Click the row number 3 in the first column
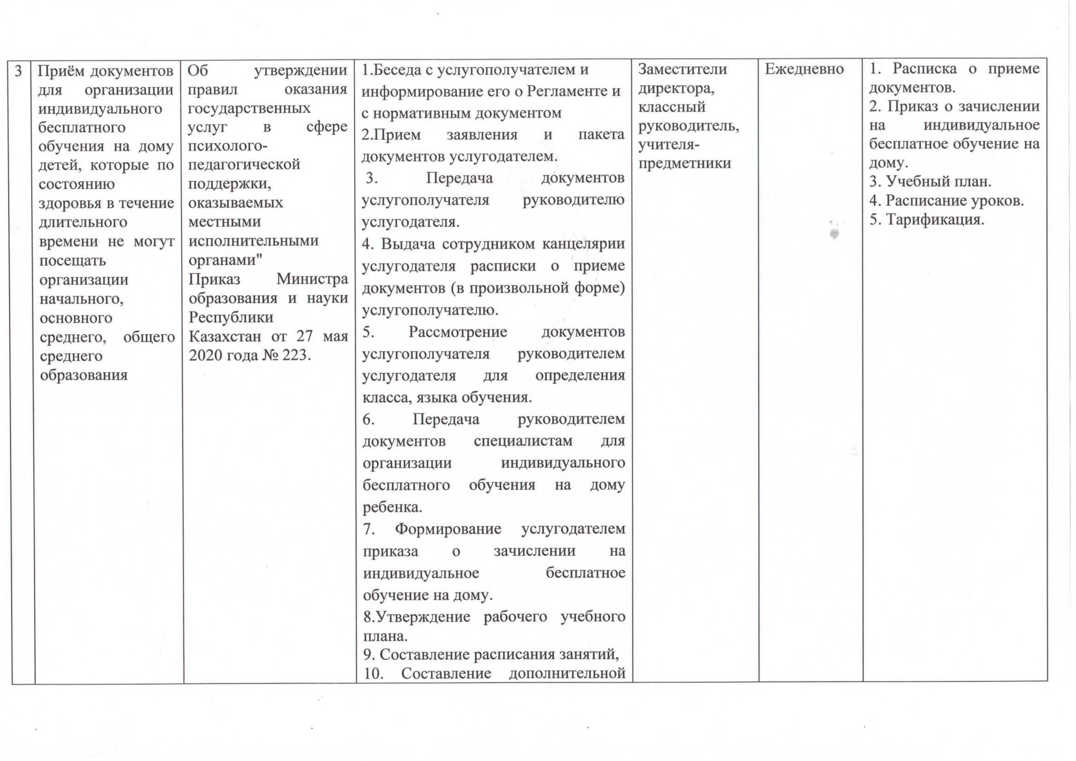[x=18, y=71]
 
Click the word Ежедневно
[x=804, y=70]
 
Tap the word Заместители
[x=682, y=70]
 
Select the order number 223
[x=295, y=355]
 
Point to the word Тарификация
[x=935, y=220]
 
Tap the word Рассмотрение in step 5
[x=458, y=332]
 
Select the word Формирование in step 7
[x=448, y=529]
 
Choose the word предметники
[x=685, y=163]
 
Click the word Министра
[x=312, y=279]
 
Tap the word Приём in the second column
[x=62, y=71]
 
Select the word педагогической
[x=244, y=164]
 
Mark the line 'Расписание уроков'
[x=946, y=201]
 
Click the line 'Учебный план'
[x=930, y=181]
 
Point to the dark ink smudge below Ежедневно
[x=834, y=233]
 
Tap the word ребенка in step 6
[x=392, y=507]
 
